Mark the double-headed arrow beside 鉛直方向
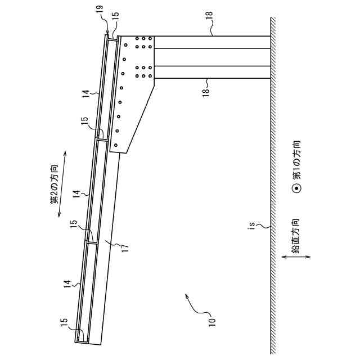[296, 257]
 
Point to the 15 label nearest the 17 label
[73, 224]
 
